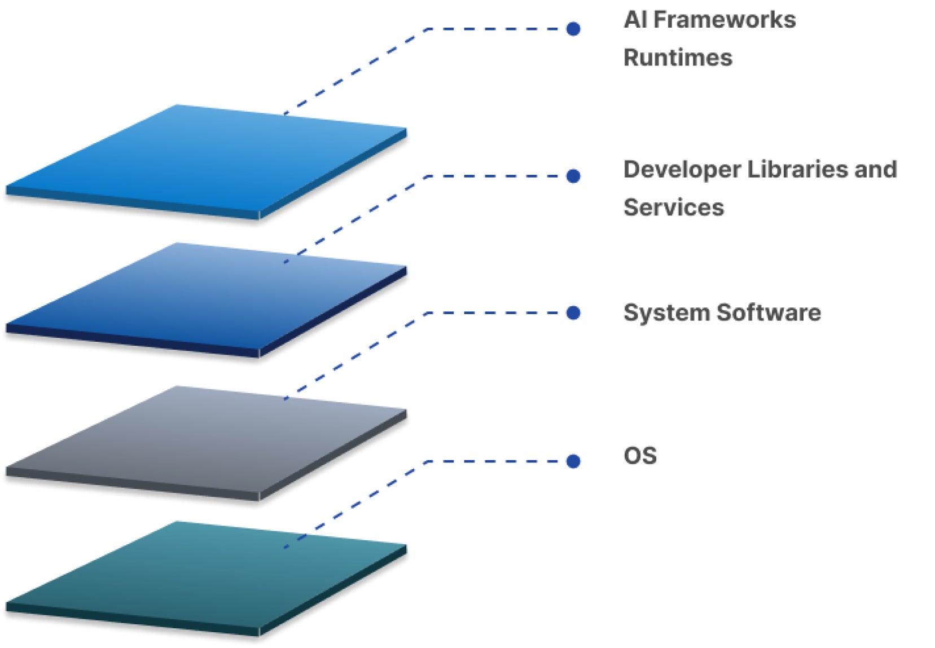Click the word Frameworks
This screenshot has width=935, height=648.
pos(725,20)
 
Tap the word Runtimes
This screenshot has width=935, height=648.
pos(678,58)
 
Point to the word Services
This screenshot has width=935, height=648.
pos(674,208)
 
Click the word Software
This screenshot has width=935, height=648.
pos(770,312)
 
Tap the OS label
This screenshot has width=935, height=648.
pos(640,456)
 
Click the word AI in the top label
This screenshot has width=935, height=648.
pos(635,20)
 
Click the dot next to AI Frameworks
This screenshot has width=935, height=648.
pos(573,29)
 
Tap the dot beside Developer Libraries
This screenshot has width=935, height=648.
pos(573,177)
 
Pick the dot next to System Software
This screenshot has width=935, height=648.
pos(573,313)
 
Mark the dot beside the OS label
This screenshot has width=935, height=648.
pos(573,461)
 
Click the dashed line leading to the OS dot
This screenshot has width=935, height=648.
pos(497,461)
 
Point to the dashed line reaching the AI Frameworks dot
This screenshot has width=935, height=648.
pos(497,29)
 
